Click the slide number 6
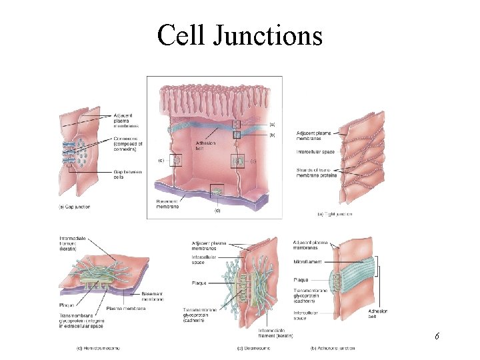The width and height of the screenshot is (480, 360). click(437, 336)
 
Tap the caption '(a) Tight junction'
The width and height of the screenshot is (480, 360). click(334, 214)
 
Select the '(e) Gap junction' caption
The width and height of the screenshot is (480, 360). click(74, 207)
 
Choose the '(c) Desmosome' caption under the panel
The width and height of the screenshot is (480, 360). click(252, 347)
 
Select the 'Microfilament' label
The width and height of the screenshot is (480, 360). click(307, 262)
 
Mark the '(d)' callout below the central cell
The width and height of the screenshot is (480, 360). click(217, 211)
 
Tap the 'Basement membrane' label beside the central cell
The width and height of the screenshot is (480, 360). click(167, 203)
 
